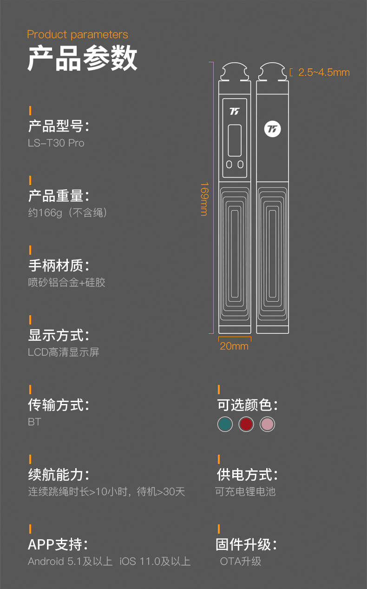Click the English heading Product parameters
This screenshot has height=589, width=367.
click(78, 34)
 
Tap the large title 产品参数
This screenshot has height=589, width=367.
click(82, 59)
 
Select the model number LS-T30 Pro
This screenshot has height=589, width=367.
click(56, 143)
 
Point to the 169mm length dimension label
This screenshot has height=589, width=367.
click(204, 199)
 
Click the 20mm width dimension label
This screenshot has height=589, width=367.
click(234, 346)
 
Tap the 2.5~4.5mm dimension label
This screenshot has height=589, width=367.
click(323, 73)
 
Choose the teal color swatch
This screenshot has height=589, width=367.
click(225, 424)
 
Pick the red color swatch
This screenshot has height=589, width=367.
click(246, 424)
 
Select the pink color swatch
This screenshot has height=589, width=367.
click(267, 424)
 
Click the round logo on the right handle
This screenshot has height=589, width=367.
click(272, 129)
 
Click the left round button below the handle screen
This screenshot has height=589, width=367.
click(229, 164)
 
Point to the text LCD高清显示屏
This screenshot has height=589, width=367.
click(64, 352)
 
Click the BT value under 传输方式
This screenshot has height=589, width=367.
click(34, 422)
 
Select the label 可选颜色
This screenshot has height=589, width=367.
click(247, 405)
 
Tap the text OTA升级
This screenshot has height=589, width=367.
click(241, 562)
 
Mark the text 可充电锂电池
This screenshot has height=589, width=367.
click(245, 492)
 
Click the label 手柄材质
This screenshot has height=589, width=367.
click(59, 266)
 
